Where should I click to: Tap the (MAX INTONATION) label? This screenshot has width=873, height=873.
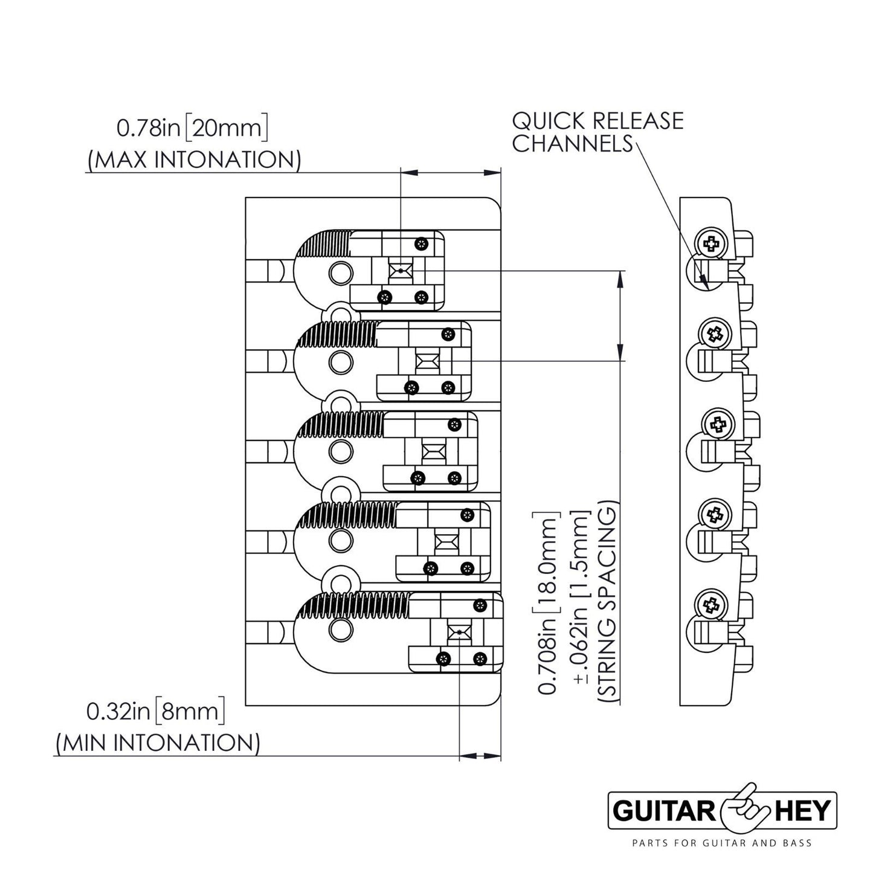pyautogui.click(x=193, y=160)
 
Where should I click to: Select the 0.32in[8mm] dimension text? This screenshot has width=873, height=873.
pyautogui.click(x=156, y=711)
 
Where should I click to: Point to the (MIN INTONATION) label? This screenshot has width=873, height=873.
pyautogui.click(x=158, y=743)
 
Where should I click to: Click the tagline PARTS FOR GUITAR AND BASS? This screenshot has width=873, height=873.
pyautogui.click(x=721, y=843)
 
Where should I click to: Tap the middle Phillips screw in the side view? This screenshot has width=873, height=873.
pyautogui.click(x=716, y=426)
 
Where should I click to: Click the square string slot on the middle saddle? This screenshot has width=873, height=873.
pyautogui.click(x=433, y=451)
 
